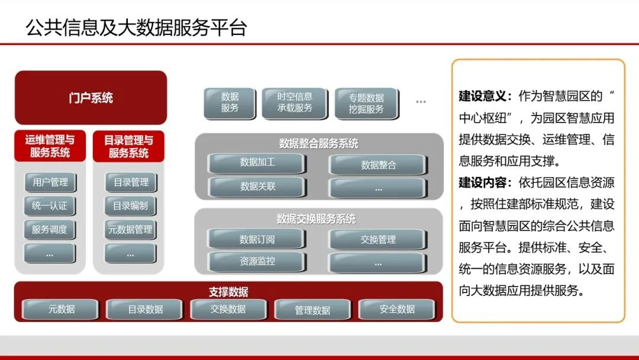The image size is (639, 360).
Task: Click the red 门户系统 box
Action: point(91,98)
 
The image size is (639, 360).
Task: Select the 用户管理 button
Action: point(50,182)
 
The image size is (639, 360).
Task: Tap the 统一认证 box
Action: point(50,206)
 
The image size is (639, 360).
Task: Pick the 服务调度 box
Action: point(50,230)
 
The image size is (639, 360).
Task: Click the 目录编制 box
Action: point(131,206)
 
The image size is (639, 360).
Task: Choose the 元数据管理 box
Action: point(131,230)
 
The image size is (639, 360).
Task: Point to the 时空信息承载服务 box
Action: point(295,102)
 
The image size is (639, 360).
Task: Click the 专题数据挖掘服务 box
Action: point(366,103)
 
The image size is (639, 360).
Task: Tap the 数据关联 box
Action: point(257,187)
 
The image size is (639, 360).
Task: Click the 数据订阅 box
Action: point(257,239)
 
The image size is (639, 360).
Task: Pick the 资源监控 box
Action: point(257,261)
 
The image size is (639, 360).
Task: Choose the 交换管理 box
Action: point(378,239)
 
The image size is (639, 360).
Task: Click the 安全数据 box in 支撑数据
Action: point(397,309)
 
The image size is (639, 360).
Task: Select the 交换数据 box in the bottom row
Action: point(228,309)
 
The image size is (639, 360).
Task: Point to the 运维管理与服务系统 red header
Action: point(50,146)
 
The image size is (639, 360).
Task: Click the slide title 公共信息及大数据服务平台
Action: point(136,27)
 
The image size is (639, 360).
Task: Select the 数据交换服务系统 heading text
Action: point(318,219)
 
